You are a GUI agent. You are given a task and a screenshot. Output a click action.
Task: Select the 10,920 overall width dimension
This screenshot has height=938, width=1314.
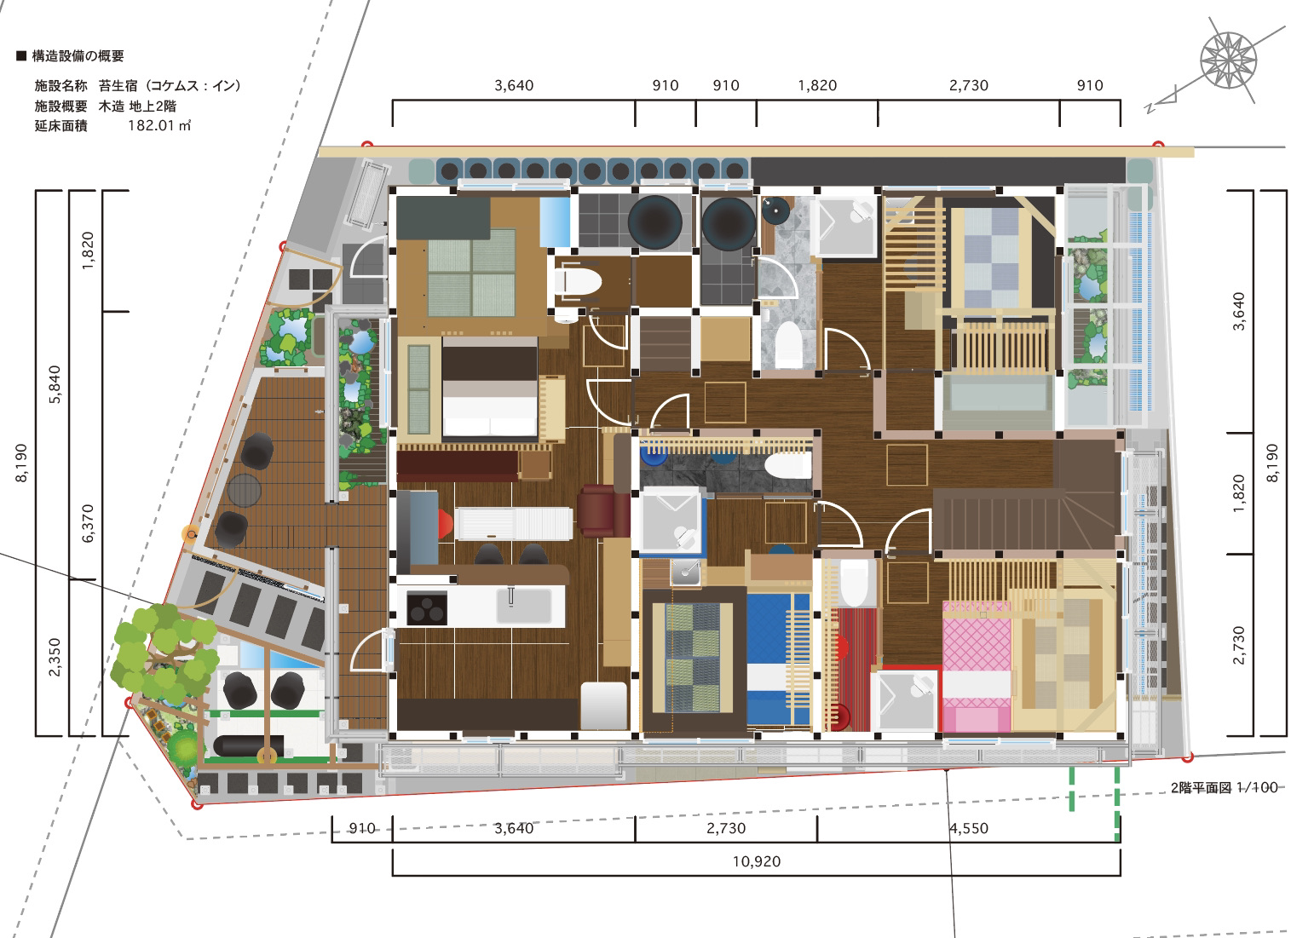(757, 861)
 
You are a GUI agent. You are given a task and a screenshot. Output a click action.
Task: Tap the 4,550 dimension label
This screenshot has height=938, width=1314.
(969, 828)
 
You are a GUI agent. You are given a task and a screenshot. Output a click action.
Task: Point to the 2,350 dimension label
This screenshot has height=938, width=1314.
(54, 658)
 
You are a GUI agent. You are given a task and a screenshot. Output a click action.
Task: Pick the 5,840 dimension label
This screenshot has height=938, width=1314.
(54, 385)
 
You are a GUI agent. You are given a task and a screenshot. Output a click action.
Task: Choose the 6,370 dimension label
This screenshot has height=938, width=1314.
(88, 523)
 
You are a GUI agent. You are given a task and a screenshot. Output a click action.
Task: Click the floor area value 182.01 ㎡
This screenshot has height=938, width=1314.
(159, 125)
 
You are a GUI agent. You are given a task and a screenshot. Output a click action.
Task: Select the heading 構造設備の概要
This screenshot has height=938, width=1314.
(78, 56)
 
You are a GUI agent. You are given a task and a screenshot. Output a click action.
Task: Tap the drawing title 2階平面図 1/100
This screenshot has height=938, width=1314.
(1225, 788)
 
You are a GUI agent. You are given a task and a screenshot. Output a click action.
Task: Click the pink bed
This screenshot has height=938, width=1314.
(977, 666)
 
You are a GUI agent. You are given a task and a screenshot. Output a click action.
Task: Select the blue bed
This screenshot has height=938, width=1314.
(778, 660)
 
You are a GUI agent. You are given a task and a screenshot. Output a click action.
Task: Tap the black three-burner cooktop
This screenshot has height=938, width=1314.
(426, 608)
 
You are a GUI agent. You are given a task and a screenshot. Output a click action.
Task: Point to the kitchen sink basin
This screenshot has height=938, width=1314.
(524, 606)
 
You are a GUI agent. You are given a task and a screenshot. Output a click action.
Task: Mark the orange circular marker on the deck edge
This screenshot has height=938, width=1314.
(191, 534)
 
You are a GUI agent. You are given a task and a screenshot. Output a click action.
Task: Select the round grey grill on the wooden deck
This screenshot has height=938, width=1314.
(244, 490)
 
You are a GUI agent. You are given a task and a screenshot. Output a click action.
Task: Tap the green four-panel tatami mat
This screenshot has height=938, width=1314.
(471, 273)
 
